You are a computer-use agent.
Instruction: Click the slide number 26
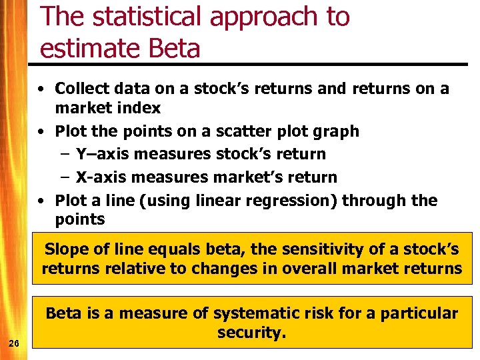[14, 343]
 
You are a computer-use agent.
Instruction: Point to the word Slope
[66, 249]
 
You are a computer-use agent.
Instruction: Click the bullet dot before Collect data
[41, 89]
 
